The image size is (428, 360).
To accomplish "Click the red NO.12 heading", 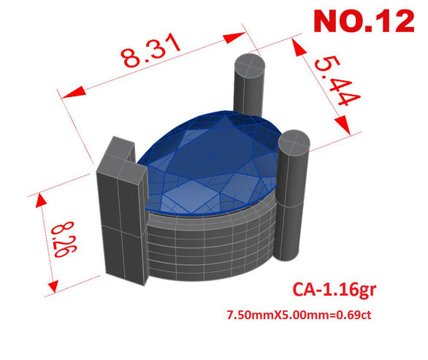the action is pos(364,21).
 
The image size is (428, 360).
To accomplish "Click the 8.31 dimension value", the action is pos(150,51).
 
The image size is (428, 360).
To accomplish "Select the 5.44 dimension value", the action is pos(337,81).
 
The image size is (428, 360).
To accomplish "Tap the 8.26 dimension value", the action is pos(64,240).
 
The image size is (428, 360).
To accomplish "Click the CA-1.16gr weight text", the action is pos(335,289).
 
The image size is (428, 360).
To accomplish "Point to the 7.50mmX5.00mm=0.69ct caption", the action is pos(299,315).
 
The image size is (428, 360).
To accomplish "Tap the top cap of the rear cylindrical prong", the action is pos(250,66).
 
